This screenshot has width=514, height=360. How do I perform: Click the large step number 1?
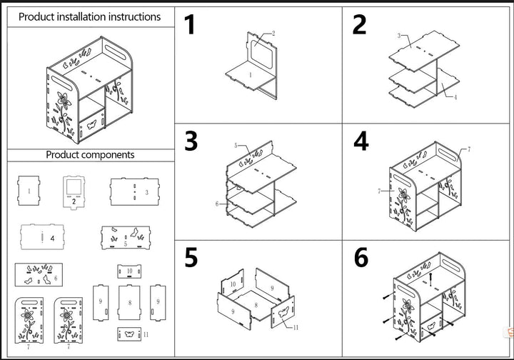tap(190, 24)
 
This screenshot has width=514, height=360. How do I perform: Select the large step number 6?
tap(361, 257)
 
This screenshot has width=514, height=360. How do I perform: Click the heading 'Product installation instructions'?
tap(89, 16)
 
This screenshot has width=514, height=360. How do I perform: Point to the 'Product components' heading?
tap(90, 154)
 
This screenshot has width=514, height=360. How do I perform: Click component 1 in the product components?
tap(29, 191)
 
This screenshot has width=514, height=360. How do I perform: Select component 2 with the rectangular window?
tap(74, 192)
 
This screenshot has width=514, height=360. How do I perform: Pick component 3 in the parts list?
tap(135, 192)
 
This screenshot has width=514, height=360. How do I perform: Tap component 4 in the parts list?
tap(42, 236)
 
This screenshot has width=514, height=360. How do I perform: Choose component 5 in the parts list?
tap(126, 237)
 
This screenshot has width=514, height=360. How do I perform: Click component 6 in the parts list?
tap(39, 275)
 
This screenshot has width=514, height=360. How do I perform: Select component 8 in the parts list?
tap(129, 302)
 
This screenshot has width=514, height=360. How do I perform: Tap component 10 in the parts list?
tap(129, 271)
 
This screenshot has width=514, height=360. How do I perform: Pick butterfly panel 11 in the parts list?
tap(129, 334)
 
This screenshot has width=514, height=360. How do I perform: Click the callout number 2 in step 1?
tap(273, 34)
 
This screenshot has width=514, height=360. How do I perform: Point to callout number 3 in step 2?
tap(399, 36)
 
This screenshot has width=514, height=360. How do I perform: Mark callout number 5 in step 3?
tap(236, 145)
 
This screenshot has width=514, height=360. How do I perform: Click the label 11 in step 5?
tap(296, 327)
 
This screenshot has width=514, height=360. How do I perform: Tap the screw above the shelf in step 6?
tap(430, 278)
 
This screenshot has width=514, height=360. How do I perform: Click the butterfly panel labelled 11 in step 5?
tap(283, 312)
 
